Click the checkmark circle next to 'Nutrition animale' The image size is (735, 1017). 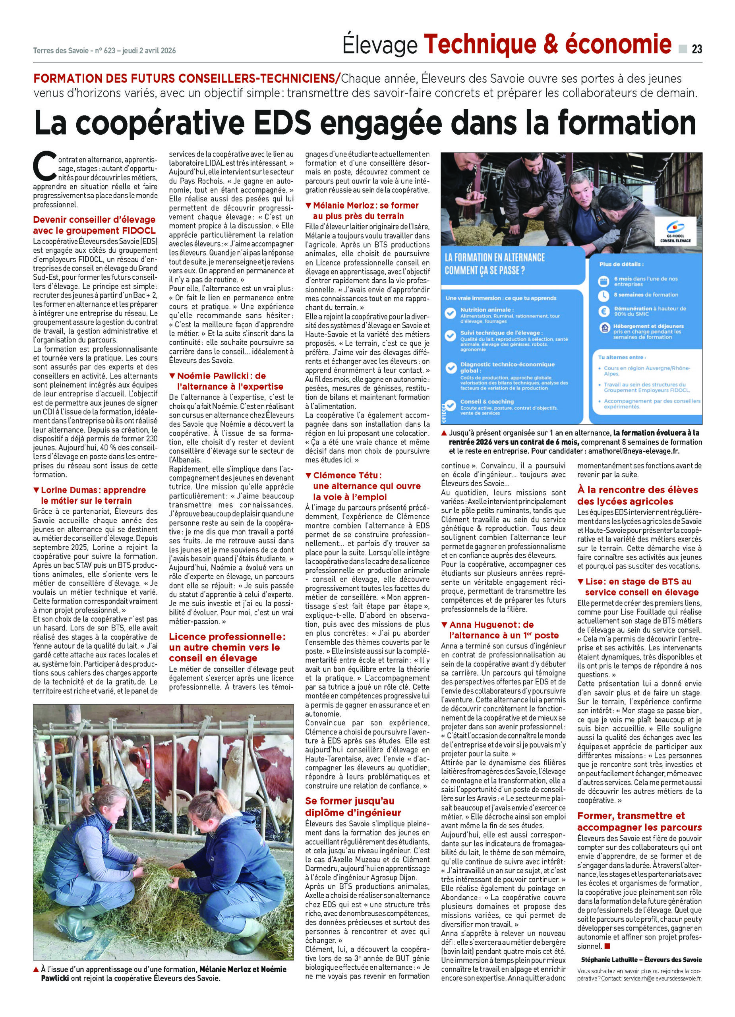coord(450,313)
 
